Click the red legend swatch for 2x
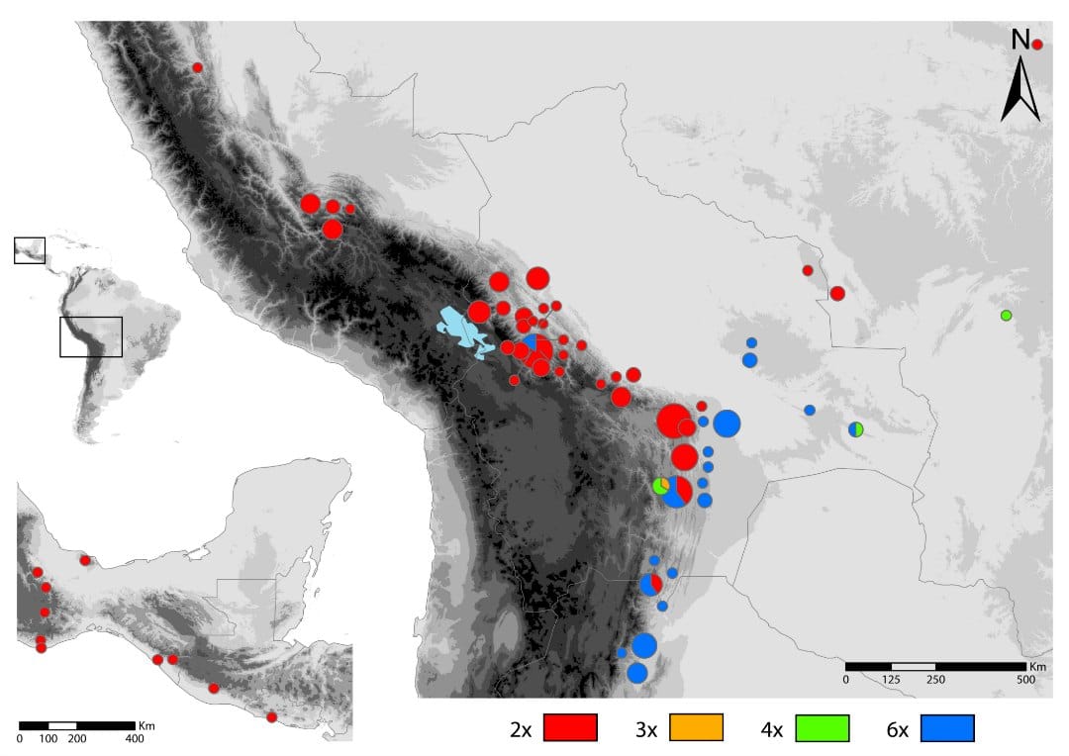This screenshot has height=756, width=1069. click(x=569, y=727)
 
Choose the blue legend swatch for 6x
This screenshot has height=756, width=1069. click(x=948, y=727)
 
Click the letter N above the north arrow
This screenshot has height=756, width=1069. click(x=1020, y=41)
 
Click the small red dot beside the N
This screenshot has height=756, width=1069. click(x=1037, y=45)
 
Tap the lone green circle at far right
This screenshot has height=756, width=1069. click(x=1006, y=316)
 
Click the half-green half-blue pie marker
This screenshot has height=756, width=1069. click(x=856, y=428)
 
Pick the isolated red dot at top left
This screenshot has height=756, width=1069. click(x=197, y=67)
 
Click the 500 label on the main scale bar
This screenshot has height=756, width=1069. click(x=1026, y=680)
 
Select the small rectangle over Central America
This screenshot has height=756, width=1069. click(x=29, y=250)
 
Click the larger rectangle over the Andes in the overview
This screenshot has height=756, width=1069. click(x=90, y=336)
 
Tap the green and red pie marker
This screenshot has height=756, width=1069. click(x=661, y=486)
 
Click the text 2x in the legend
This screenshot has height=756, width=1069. click(x=520, y=730)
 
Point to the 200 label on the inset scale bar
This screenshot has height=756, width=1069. click(x=76, y=738)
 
